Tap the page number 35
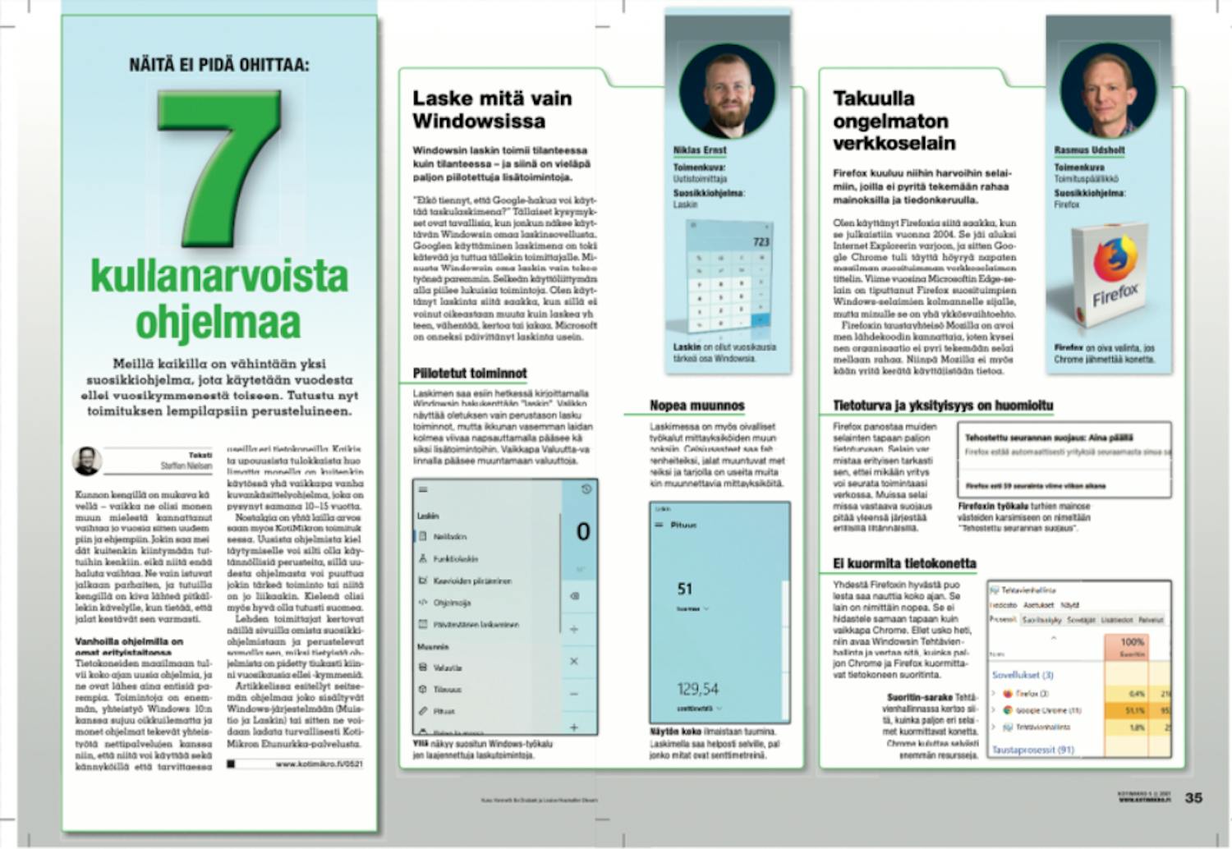point(1193,797)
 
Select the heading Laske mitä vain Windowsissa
point(492,110)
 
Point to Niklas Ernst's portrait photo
point(727,90)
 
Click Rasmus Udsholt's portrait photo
point(1107,90)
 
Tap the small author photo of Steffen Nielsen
point(86,461)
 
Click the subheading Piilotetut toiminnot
point(470,374)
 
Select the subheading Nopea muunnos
point(696,406)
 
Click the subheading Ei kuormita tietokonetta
point(903,563)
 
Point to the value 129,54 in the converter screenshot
point(697,689)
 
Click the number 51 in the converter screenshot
point(685,589)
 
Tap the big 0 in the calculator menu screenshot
point(582,532)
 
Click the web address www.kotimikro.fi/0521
point(319,764)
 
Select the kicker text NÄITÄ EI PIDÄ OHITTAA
point(219,65)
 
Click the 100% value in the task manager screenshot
point(1132,641)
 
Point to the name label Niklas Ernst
point(699,150)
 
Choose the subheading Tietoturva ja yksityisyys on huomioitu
point(942,406)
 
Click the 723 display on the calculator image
point(761,241)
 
